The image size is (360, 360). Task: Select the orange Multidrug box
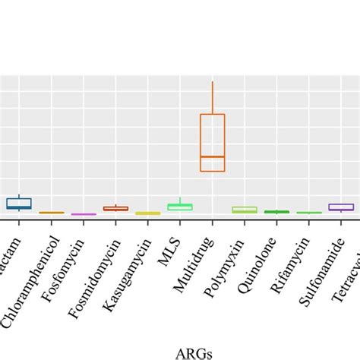coord(213,142)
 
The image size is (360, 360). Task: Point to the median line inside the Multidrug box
coord(213,156)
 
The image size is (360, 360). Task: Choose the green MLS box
coord(180,207)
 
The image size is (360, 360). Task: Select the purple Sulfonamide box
coord(341,207)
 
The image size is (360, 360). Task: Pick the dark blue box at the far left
coord(19,204)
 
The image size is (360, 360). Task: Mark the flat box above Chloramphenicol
coord(51,213)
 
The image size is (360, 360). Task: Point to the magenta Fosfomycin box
coord(84,214)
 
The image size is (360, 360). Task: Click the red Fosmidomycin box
coord(115,208)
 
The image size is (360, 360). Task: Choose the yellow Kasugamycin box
coord(148,213)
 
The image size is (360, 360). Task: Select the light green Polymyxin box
coord(245,210)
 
